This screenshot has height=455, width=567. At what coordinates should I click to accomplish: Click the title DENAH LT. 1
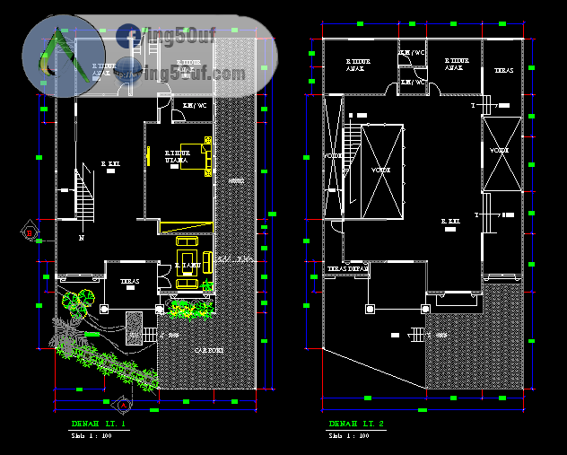[x=99, y=424]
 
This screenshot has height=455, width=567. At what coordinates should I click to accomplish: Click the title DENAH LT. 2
[x=356, y=424]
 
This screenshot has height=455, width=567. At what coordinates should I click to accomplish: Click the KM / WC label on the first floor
[x=195, y=106]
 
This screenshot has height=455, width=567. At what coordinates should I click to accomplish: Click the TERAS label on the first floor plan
[x=129, y=280]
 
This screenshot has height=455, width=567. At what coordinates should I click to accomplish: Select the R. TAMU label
[x=187, y=266]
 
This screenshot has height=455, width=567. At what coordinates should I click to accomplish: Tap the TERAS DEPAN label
[x=347, y=267]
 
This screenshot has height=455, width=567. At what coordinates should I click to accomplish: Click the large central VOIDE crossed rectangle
[x=381, y=171]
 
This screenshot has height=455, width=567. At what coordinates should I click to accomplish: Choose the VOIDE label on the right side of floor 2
[x=500, y=151]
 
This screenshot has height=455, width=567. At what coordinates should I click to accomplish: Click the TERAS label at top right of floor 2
[x=502, y=70]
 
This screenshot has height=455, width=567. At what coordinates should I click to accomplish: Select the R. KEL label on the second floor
[x=451, y=221]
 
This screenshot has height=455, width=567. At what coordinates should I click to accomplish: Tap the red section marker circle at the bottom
[x=125, y=402]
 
